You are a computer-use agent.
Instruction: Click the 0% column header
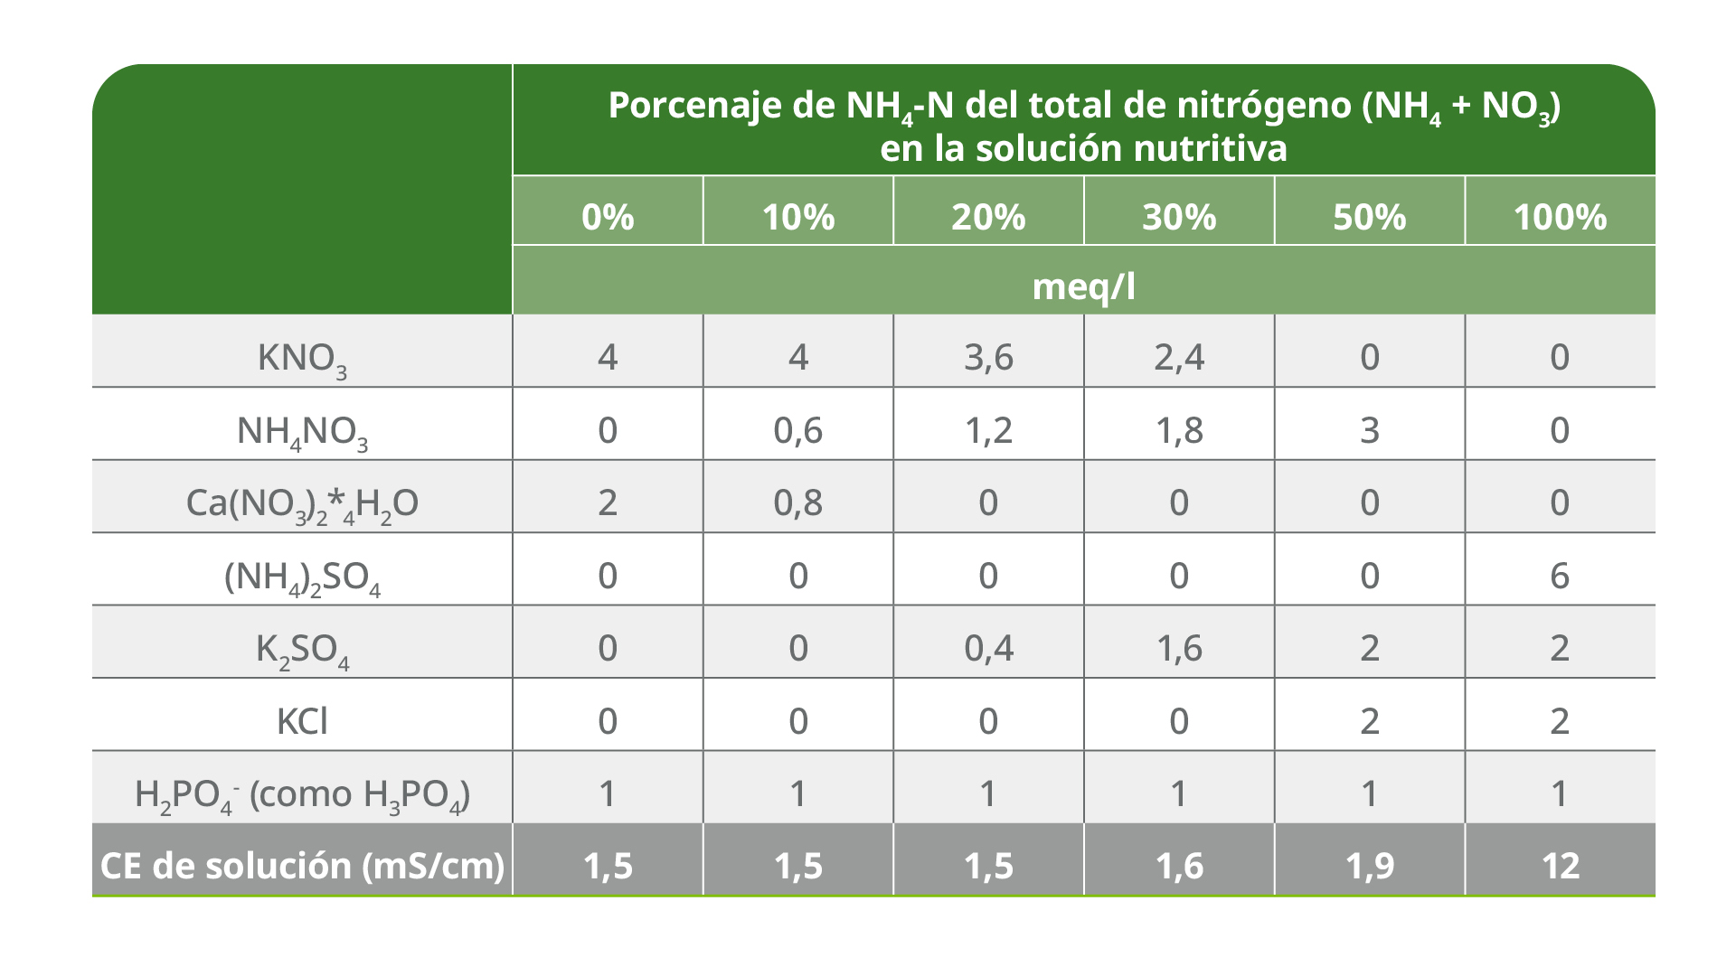tap(608, 217)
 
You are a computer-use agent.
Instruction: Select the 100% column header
tap(1560, 217)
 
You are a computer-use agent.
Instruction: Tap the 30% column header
tap(1179, 217)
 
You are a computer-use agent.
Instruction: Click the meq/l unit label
tap(1083, 286)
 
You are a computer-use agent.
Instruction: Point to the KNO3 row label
tap(302, 358)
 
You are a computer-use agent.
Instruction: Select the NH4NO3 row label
tap(302, 431)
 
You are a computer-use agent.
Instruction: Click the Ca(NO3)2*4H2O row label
tap(302, 503)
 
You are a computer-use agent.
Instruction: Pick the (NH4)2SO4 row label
tap(302, 577)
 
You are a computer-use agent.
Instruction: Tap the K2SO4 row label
tap(302, 649)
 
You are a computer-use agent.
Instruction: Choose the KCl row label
tap(302, 721)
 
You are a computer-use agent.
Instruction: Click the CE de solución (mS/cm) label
tap(302, 866)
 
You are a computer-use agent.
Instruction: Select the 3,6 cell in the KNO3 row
tap(988, 357)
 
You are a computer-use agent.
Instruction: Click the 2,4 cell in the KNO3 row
tap(1179, 357)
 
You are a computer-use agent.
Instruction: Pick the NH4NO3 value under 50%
tap(1369, 430)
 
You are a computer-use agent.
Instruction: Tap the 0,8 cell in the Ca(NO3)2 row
tap(797, 502)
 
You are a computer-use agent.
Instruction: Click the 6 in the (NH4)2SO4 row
tap(1560, 576)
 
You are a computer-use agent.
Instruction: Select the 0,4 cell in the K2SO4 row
tap(988, 648)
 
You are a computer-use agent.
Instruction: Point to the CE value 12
tap(1560, 866)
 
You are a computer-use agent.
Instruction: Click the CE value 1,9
tap(1369, 866)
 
